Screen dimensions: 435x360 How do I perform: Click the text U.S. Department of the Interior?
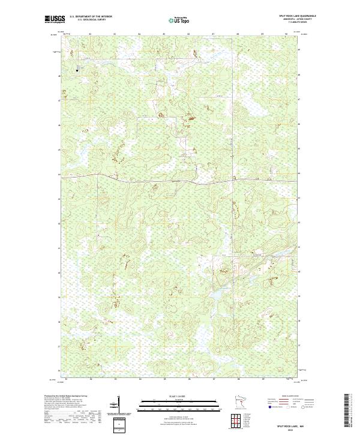[x=91, y=16]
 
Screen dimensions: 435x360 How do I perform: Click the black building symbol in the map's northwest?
[x=76, y=70]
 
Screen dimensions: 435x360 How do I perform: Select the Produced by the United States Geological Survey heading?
[x=63, y=397]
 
